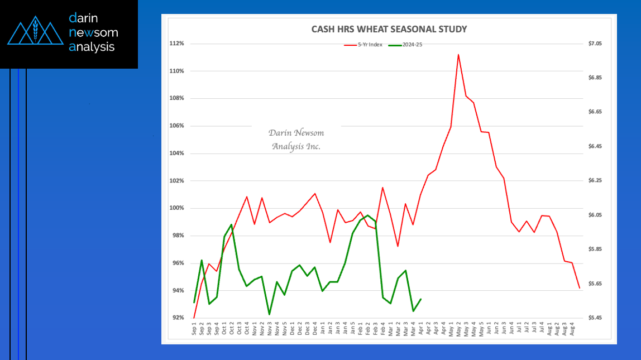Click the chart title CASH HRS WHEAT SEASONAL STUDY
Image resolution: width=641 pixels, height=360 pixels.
[x=389, y=29]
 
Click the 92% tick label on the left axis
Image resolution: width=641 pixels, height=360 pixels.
[x=178, y=318]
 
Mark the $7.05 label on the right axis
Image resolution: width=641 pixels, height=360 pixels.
[x=595, y=44]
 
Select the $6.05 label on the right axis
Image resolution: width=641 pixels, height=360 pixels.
[x=595, y=215]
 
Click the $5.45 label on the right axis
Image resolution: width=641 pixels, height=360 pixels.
[x=595, y=318]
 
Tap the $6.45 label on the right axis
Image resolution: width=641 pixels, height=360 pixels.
[x=595, y=146]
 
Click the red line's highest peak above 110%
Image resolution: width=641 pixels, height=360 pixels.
[x=458, y=55]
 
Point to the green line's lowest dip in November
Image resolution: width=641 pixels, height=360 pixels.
[x=269, y=315]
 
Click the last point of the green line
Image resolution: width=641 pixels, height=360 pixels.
[x=420, y=299]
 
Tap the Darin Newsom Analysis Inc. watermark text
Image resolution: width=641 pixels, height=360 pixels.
[x=296, y=140]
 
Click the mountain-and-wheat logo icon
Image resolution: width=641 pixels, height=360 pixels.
[x=35, y=33]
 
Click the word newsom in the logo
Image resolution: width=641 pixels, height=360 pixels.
[x=93, y=32]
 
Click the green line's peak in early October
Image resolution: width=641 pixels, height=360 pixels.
[x=232, y=224]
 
